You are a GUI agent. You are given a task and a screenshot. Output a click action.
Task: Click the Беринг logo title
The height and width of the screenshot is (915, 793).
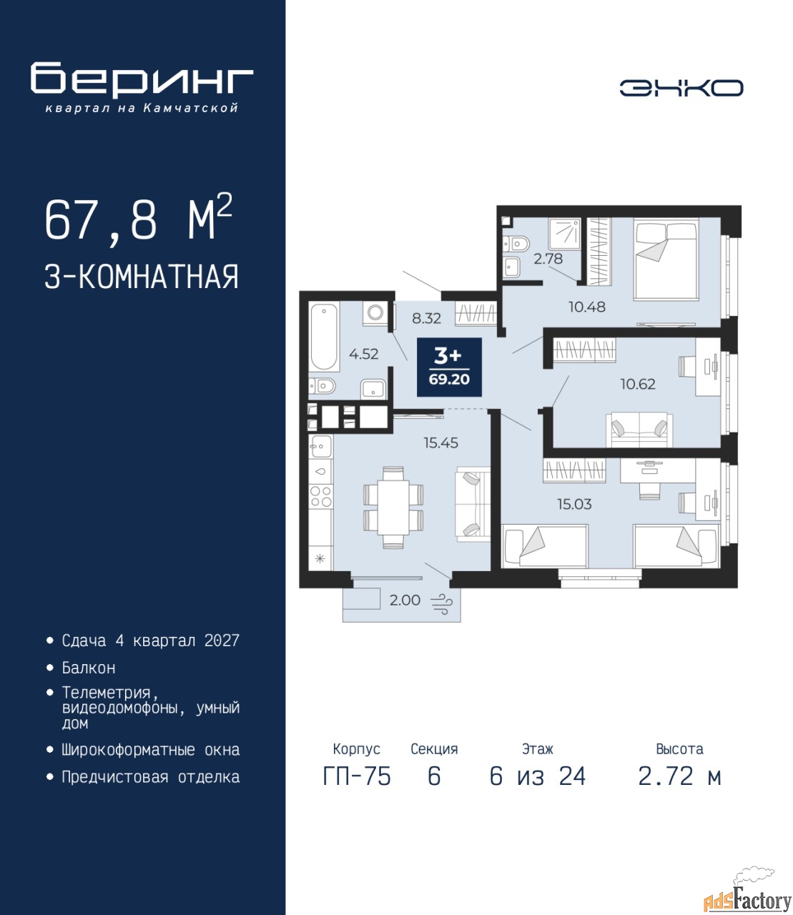point(142,79)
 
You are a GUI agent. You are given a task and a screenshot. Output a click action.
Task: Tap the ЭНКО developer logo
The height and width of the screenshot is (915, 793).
point(681,88)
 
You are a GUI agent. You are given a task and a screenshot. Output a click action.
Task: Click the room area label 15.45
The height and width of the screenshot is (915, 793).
point(440,442)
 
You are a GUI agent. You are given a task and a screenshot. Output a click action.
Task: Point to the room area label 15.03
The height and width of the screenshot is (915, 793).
point(574,504)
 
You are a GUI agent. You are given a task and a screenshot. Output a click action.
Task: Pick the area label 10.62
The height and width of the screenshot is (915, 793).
point(638,384)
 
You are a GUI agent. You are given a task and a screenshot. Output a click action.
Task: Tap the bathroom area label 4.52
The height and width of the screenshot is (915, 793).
point(363,354)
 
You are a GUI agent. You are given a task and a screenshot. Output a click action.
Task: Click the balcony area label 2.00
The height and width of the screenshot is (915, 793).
point(405,600)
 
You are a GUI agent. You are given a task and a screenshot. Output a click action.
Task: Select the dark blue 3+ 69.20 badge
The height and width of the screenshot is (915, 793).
point(449,367)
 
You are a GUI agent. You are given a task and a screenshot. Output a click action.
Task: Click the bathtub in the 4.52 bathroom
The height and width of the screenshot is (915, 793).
point(324,336)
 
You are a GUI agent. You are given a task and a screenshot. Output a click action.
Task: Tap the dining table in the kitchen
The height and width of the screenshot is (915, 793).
point(393,508)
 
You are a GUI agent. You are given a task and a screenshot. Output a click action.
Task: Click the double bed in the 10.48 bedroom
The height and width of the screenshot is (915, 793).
point(666,261)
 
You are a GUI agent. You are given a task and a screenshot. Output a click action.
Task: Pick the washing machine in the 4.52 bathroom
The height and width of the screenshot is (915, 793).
point(375,313)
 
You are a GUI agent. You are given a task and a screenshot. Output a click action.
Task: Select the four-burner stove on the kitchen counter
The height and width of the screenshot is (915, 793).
point(320,496)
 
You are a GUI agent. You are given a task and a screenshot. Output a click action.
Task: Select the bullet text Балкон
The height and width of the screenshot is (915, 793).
point(89,667)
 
